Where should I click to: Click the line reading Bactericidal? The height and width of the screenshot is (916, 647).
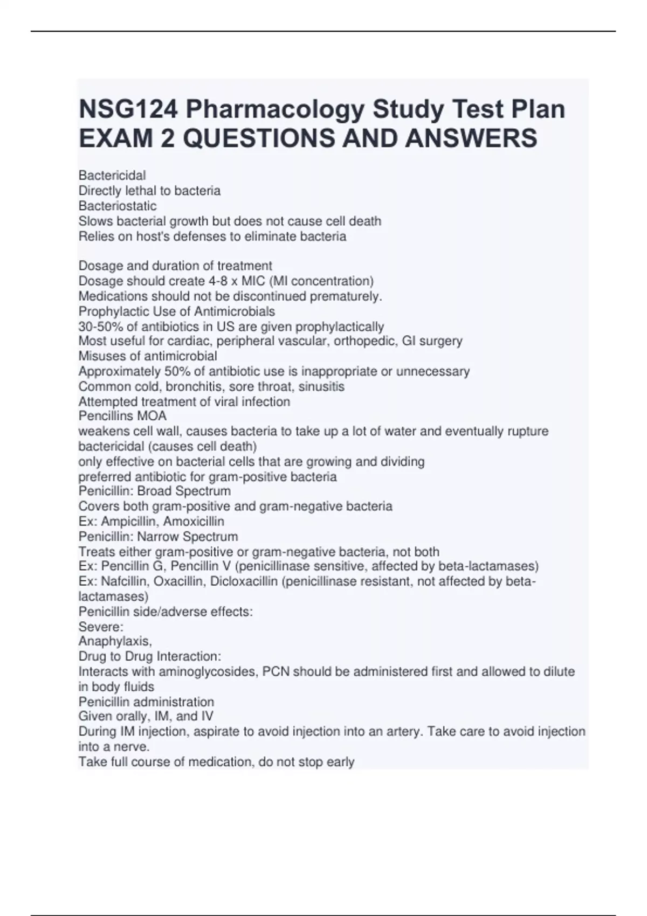(112, 176)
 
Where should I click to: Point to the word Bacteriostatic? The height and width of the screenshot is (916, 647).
(118, 206)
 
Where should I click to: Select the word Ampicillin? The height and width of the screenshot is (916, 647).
(129, 522)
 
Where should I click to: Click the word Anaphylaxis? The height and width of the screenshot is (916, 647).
(115, 641)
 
